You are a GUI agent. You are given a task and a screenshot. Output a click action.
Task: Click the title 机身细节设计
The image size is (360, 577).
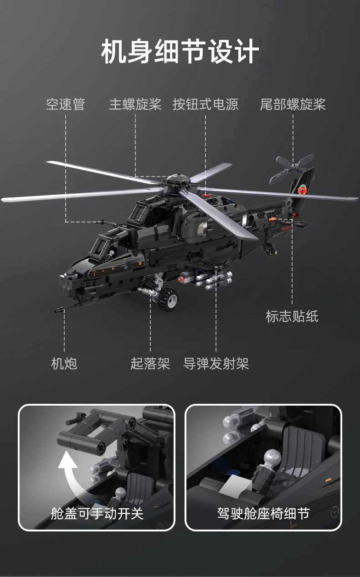[180, 52]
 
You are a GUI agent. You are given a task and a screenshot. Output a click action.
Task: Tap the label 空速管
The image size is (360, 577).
[66, 104]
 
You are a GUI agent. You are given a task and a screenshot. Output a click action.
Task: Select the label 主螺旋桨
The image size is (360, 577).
[135, 104]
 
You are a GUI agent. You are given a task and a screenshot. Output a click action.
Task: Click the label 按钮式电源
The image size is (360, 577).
[206, 104]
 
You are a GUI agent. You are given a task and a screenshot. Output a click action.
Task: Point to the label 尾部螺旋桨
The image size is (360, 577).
[293, 104]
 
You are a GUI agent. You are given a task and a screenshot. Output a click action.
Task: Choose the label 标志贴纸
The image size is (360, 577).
[292, 316]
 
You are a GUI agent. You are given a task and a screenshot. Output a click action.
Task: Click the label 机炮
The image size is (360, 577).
[64, 364]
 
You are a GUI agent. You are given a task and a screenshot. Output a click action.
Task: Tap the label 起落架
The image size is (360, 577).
[150, 364]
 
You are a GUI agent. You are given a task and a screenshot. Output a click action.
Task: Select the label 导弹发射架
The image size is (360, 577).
[216, 364]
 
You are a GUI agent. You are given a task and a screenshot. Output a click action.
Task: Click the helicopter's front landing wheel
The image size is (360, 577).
[169, 299]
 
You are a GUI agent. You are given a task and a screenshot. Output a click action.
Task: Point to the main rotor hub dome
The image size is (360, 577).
[178, 178]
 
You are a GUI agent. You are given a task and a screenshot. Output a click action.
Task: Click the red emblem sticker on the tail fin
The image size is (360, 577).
[302, 190]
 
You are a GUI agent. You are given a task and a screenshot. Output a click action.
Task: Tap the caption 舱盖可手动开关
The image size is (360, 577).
[97, 513]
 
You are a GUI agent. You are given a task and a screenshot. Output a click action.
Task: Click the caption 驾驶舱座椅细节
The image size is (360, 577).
[263, 513]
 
